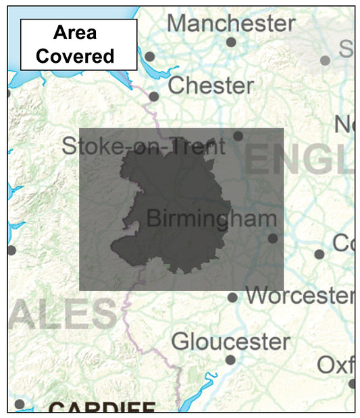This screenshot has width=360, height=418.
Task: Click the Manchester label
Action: [x=231, y=23]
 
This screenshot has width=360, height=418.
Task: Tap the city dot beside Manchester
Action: [x=231, y=42]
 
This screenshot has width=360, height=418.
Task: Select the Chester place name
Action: [x=210, y=86]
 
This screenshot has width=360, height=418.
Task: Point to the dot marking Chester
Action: [x=154, y=97]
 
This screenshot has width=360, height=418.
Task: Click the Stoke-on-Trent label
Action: [x=143, y=146]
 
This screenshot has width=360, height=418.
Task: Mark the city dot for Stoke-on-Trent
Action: [x=238, y=136]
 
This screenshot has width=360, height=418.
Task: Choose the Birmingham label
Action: [x=211, y=219]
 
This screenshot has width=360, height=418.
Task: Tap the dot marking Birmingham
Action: [x=272, y=238]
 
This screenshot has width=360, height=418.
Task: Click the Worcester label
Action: [x=299, y=296]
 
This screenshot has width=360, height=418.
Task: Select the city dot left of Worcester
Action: [x=232, y=297]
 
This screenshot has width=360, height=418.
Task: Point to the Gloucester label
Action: [x=230, y=341]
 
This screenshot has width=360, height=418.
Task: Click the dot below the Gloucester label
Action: [x=230, y=360]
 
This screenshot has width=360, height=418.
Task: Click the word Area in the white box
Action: [x=75, y=32]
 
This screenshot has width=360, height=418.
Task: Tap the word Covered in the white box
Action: [x=75, y=55]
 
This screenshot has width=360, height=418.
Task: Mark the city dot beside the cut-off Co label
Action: [x=319, y=255]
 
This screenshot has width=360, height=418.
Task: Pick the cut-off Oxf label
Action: [x=336, y=365]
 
